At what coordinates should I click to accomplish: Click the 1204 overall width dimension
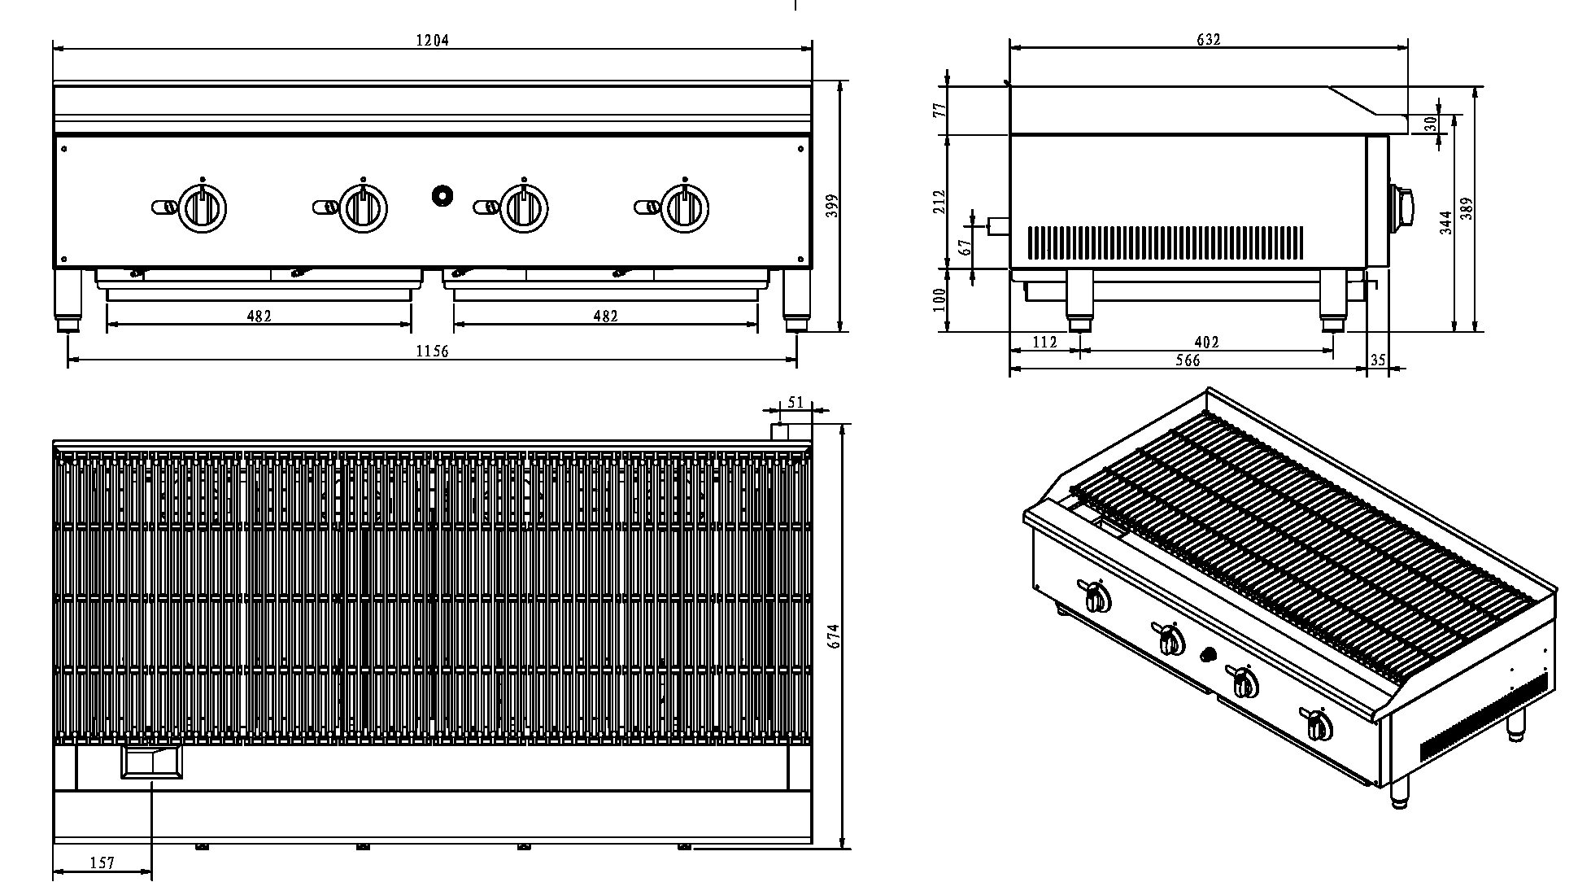click(x=432, y=41)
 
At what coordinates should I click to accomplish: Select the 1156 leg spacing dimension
click(x=432, y=351)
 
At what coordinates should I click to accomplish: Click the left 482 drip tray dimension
click(x=259, y=317)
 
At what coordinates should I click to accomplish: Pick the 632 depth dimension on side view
click(x=1209, y=39)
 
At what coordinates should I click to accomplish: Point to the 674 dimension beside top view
click(x=834, y=635)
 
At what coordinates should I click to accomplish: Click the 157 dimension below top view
click(x=102, y=863)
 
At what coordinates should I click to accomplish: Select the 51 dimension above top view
click(x=796, y=403)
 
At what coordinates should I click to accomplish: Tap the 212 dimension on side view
click(x=940, y=201)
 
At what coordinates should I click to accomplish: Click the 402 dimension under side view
click(x=1206, y=343)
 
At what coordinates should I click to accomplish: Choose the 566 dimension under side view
click(x=1188, y=360)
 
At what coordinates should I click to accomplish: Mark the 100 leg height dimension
click(x=940, y=299)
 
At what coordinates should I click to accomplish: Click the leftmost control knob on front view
click(x=201, y=207)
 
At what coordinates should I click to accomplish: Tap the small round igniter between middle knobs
click(x=442, y=195)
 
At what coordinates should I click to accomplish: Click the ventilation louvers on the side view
click(x=1165, y=242)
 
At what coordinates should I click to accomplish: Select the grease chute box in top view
click(x=152, y=762)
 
